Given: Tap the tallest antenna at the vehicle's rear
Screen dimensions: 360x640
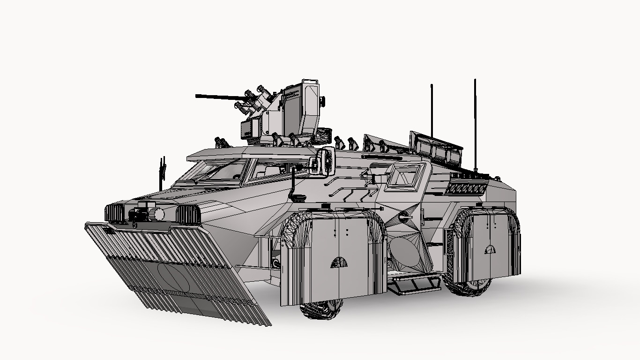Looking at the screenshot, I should [475, 122].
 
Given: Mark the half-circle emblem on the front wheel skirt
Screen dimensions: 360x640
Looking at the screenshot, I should [339, 262].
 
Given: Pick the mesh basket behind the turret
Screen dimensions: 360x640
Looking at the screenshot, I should [323, 136].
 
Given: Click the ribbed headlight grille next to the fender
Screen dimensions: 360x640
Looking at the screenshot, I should [188, 215].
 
